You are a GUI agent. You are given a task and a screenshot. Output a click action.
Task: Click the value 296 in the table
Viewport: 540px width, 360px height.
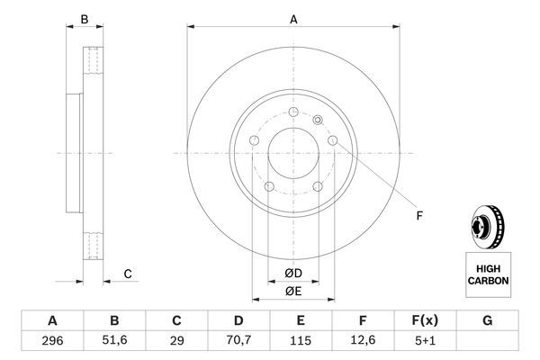pos(52,341)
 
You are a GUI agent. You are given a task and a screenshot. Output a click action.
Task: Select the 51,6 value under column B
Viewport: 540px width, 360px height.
pos(114,341)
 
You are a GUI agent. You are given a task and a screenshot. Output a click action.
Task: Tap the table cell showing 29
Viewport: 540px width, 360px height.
pos(176,341)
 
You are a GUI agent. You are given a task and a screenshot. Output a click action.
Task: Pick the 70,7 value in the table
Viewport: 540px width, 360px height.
pos(238,341)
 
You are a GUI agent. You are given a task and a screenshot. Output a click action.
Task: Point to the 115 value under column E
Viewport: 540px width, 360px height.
pos(301,341)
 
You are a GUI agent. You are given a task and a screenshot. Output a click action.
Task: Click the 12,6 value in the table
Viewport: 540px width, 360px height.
pos(363,341)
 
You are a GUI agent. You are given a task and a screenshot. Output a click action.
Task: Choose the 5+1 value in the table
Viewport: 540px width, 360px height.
pos(425,341)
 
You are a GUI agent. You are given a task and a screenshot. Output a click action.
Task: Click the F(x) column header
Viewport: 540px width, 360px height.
pos(425,321)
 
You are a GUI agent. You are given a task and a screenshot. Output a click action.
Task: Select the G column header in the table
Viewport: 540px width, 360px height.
pos(487,321)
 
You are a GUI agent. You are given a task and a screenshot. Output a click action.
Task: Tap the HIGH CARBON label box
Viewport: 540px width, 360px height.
pos(488,274)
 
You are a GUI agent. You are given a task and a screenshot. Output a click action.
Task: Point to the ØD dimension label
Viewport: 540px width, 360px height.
pos(292,273)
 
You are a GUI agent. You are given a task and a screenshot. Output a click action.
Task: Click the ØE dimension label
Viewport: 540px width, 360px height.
pos(292,290)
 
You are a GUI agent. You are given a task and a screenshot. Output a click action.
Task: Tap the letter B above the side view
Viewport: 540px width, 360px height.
pos(85,19)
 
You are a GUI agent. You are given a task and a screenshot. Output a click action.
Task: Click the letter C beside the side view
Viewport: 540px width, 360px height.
pos(129,274)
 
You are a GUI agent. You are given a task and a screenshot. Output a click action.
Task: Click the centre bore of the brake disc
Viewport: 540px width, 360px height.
pos(292,150)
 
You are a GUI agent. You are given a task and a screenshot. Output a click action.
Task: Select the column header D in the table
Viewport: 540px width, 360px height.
pos(238,321)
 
